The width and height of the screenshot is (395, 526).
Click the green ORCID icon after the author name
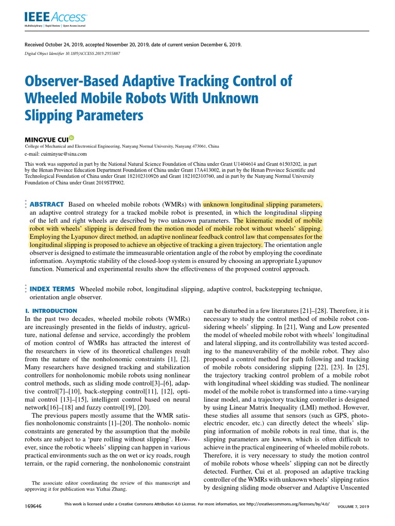[x=71, y=138]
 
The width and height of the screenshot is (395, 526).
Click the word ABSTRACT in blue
[x=47, y=204]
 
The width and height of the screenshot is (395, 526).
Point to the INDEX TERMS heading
[x=52, y=289]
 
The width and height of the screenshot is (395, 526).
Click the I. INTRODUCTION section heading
[x=51, y=311]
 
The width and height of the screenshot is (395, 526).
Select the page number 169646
[x=33, y=506]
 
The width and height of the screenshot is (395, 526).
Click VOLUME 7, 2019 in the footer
[x=353, y=507]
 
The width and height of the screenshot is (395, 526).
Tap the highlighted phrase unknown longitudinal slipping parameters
[x=263, y=204]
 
